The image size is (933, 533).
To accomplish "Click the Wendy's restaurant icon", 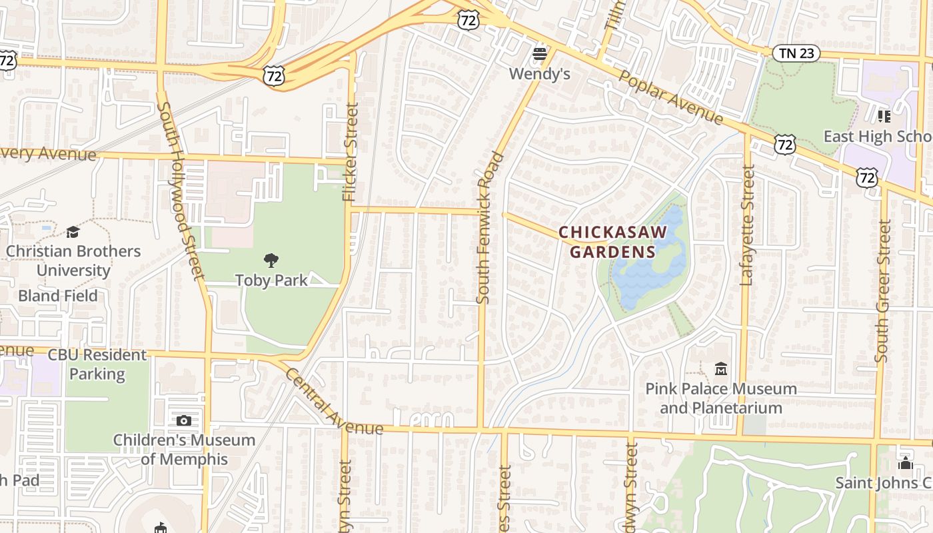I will (x=540, y=53).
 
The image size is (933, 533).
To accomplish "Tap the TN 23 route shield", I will (x=796, y=53).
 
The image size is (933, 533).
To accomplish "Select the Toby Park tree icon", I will (x=271, y=260).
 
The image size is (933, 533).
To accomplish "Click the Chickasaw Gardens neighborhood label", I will (x=612, y=242).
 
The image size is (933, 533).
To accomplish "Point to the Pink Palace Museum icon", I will (x=720, y=368).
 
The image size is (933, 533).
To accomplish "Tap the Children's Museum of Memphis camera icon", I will (x=184, y=420).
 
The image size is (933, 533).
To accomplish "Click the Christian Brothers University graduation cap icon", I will (x=73, y=232).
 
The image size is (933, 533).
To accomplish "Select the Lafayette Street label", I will (x=748, y=227).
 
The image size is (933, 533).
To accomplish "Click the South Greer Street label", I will (x=884, y=291).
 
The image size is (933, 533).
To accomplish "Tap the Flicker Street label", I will (x=350, y=152).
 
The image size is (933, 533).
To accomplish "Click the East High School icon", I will (x=884, y=117).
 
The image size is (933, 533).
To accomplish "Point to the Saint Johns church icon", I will (x=905, y=462).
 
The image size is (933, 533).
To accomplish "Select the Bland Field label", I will (x=58, y=296).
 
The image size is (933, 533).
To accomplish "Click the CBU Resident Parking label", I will (x=97, y=364).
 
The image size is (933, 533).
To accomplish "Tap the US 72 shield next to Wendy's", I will (x=468, y=20).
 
